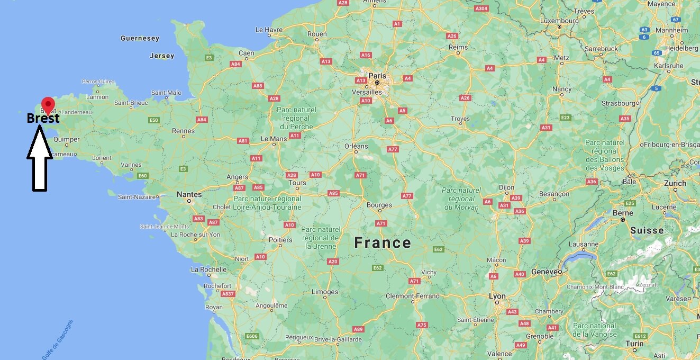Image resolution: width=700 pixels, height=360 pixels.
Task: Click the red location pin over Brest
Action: [x=48, y=104]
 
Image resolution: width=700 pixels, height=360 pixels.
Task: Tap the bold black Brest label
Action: [x=43, y=119]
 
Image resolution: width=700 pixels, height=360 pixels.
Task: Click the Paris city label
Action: [x=377, y=75]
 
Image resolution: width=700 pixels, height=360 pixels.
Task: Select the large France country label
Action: [x=383, y=243]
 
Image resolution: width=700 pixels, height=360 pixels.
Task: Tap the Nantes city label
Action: [x=189, y=194]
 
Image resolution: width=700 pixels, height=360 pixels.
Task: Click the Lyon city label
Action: [x=497, y=296]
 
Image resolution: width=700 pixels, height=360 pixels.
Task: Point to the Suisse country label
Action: [x=647, y=230]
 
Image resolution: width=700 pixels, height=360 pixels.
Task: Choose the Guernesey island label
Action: [x=140, y=38]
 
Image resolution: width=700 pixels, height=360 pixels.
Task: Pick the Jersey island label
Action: [x=161, y=56]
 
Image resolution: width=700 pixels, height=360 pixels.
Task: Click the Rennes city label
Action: [x=184, y=130]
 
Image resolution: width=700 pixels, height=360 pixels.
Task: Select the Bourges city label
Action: [x=379, y=205]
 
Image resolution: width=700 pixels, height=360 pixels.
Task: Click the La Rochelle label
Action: [x=208, y=269]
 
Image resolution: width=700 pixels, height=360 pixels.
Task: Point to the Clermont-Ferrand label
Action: [x=412, y=296]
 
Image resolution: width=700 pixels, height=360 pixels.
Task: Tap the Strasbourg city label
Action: [x=619, y=103]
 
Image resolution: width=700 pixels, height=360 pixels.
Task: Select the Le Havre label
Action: [x=270, y=30]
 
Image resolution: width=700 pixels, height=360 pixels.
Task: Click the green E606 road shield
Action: [x=252, y=336]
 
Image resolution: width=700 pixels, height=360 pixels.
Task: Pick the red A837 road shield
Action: [x=228, y=294]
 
